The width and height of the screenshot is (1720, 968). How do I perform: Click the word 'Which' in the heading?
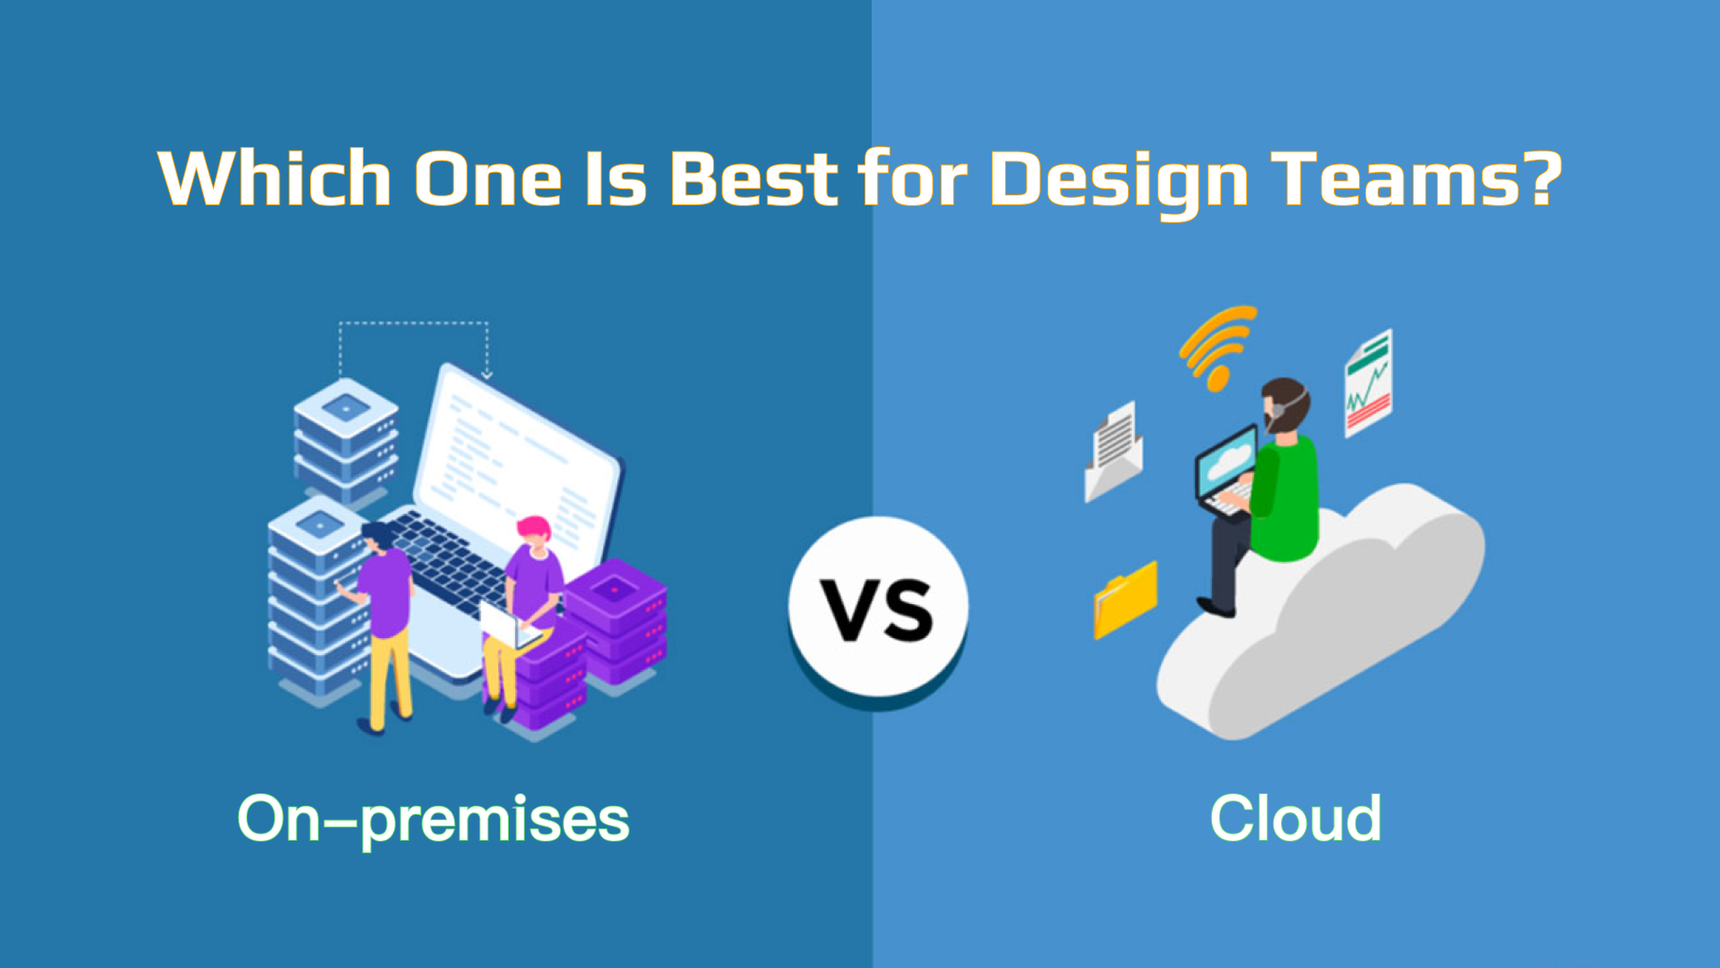[274, 177]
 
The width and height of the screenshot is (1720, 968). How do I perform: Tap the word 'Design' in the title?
[1119, 181]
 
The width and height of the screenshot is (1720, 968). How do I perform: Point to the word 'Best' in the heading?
[753, 177]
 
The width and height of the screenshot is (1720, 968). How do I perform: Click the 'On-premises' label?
[434, 819]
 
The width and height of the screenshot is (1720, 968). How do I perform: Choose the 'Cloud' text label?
[1295, 817]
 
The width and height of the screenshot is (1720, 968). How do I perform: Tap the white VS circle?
[879, 607]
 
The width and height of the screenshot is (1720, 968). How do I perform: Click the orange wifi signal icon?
[1217, 347]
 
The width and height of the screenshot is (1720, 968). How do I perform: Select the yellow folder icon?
[1125, 599]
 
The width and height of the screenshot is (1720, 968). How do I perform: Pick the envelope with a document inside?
[1113, 451]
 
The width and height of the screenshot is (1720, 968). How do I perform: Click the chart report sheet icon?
[1368, 383]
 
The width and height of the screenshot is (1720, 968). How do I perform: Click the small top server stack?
[346, 438]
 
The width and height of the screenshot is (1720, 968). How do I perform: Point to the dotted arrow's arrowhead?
[486, 374]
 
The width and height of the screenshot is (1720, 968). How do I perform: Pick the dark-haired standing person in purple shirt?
[383, 626]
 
